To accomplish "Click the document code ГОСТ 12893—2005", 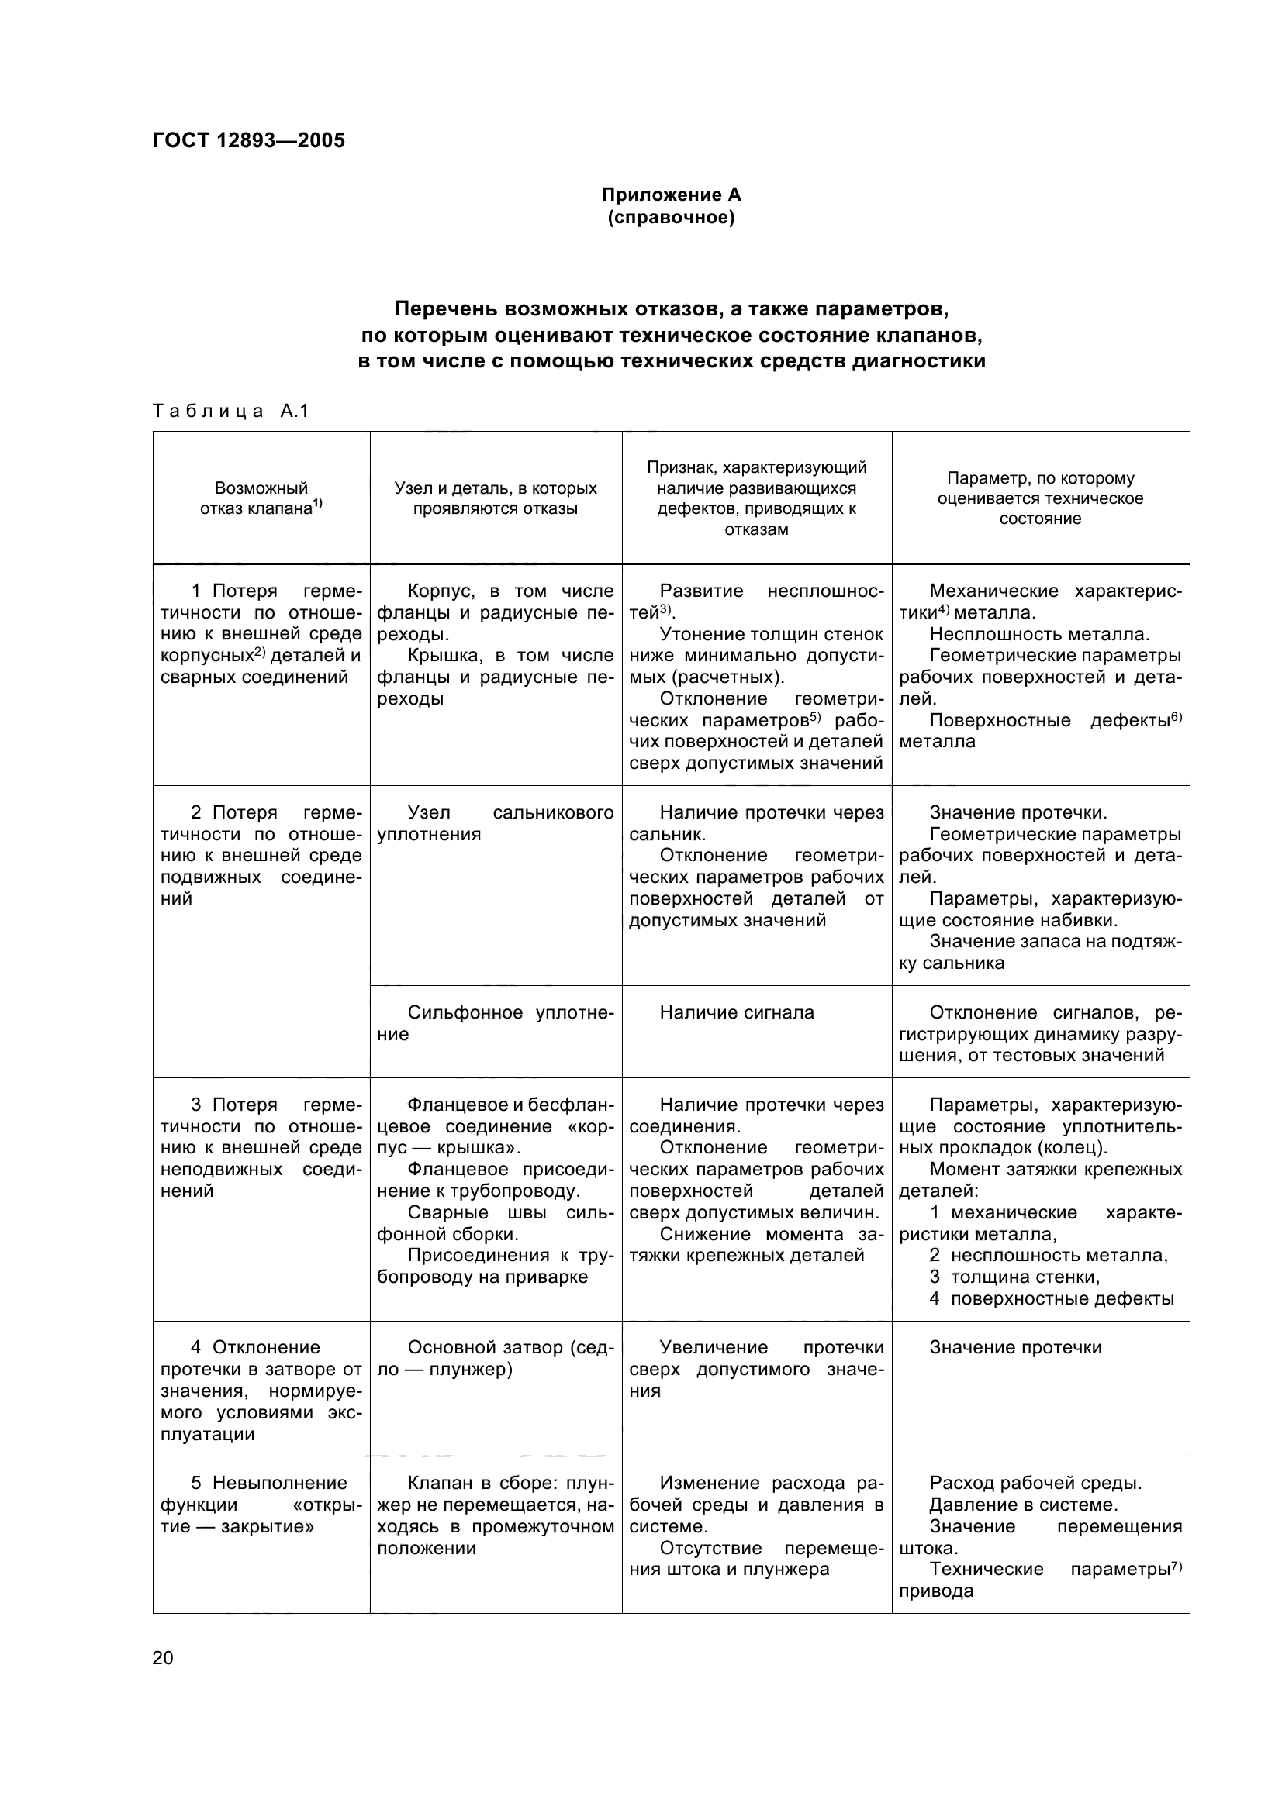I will tap(249, 140).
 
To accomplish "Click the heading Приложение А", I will tap(671, 195).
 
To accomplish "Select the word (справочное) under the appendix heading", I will tap(671, 217).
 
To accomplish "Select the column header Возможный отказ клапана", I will tap(261, 498).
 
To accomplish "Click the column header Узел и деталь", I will tap(496, 498).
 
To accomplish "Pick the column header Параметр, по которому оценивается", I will tap(1039, 498).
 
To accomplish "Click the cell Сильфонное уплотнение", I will tap(496, 1022).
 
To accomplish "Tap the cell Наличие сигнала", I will tap(736, 1012).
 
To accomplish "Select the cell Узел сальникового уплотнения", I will tap(496, 823).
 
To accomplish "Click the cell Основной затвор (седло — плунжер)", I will tap(496, 1358).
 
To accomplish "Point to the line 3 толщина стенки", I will tap(1014, 1277).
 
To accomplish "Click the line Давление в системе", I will tap(1023, 1505).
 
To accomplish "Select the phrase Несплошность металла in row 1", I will tap(1038, 634).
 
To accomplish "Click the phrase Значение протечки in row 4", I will tap(1015, 1347).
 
